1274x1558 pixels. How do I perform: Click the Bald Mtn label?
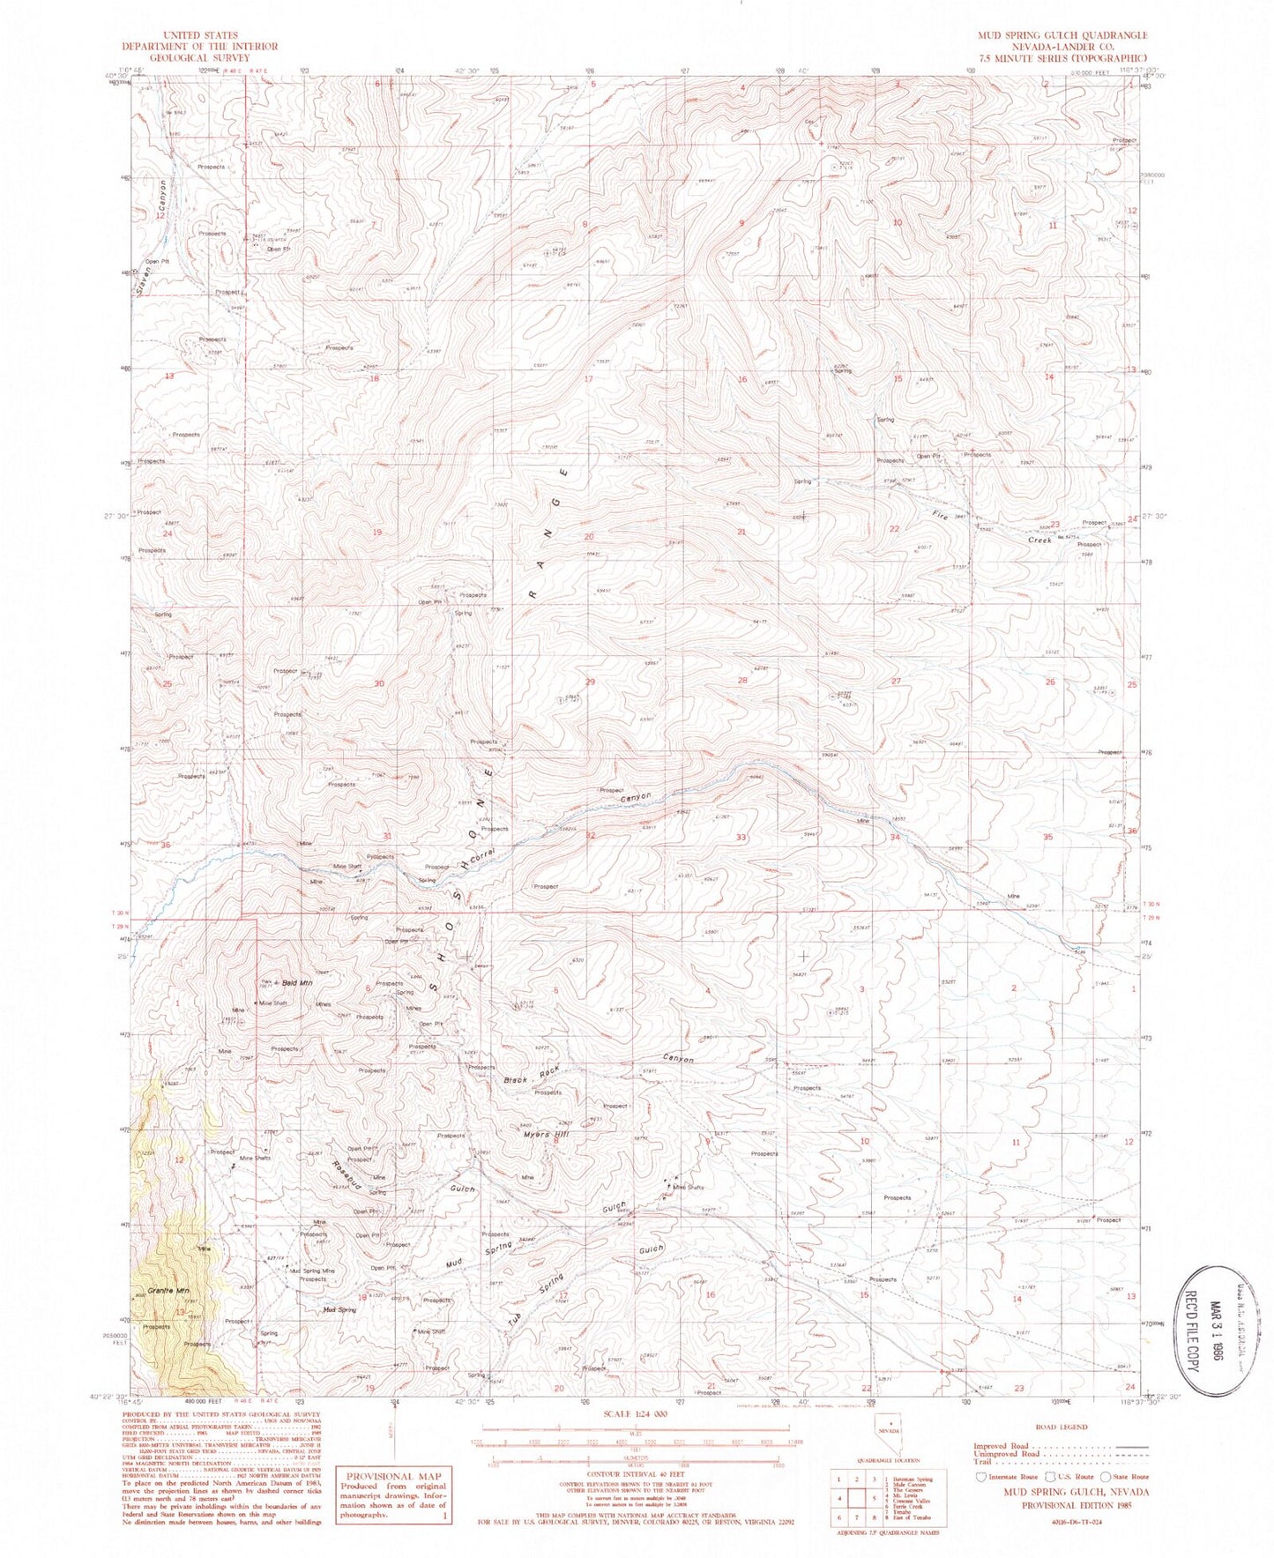[x=298, y=982]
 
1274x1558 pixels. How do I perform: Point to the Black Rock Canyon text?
[x=600, y=1068]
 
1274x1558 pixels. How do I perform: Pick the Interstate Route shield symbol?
[x=981, y=1476]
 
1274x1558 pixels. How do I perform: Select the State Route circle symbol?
[x=1099, y=1476]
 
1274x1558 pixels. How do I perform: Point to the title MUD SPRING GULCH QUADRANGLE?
[x=1062, y=35]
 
